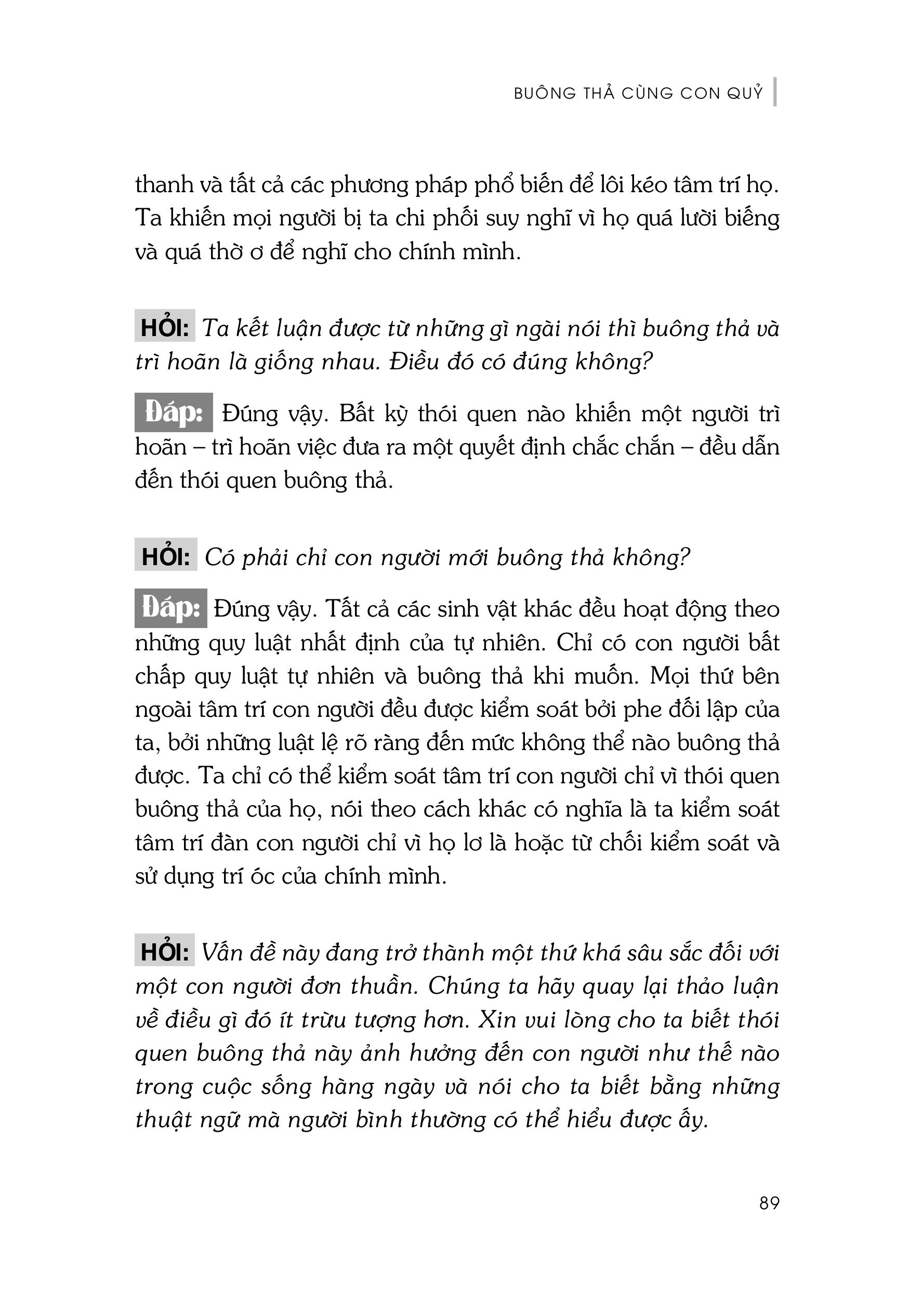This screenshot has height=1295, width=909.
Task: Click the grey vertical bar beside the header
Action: (775, 92)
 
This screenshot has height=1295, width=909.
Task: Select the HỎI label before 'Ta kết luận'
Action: (164, 328)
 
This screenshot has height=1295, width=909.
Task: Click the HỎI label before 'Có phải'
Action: (165, 557)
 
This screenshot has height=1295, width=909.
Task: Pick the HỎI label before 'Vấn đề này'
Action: (164, 953)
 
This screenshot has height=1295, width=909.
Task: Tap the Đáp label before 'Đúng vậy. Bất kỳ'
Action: (173, 413)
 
